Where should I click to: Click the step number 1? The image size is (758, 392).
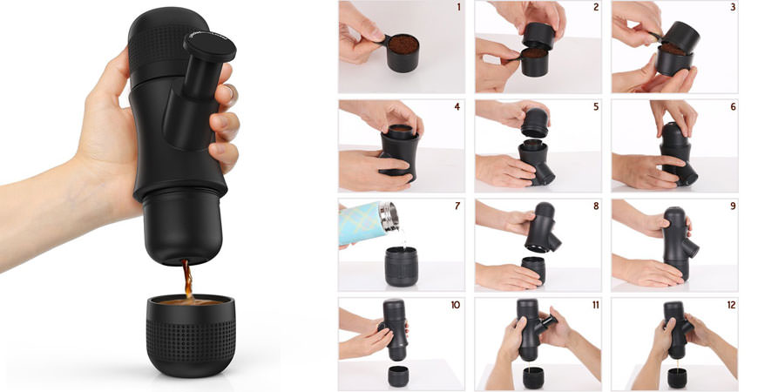[457, 7]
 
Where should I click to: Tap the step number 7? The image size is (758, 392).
[457, 206]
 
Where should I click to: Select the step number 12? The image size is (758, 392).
[731, 305]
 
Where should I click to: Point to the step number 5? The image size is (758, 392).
[596, 107]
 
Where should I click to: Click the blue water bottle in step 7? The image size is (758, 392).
[369, 223]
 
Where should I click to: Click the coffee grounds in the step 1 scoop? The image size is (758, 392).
[403, 44]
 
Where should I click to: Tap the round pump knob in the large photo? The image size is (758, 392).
[209, 46]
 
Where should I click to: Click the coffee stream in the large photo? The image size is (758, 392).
[187, 280]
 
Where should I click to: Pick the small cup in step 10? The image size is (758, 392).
[398, 376]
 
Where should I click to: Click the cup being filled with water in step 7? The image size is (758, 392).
[402, 267]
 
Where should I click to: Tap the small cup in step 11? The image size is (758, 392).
[533, 377]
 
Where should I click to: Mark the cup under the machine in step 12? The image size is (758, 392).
[677, 377]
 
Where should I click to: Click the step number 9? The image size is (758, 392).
[733, 206]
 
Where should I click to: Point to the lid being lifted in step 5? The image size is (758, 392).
[535, 123]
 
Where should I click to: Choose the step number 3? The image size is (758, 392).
[733, 7]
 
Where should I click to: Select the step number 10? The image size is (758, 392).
[456, 305]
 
